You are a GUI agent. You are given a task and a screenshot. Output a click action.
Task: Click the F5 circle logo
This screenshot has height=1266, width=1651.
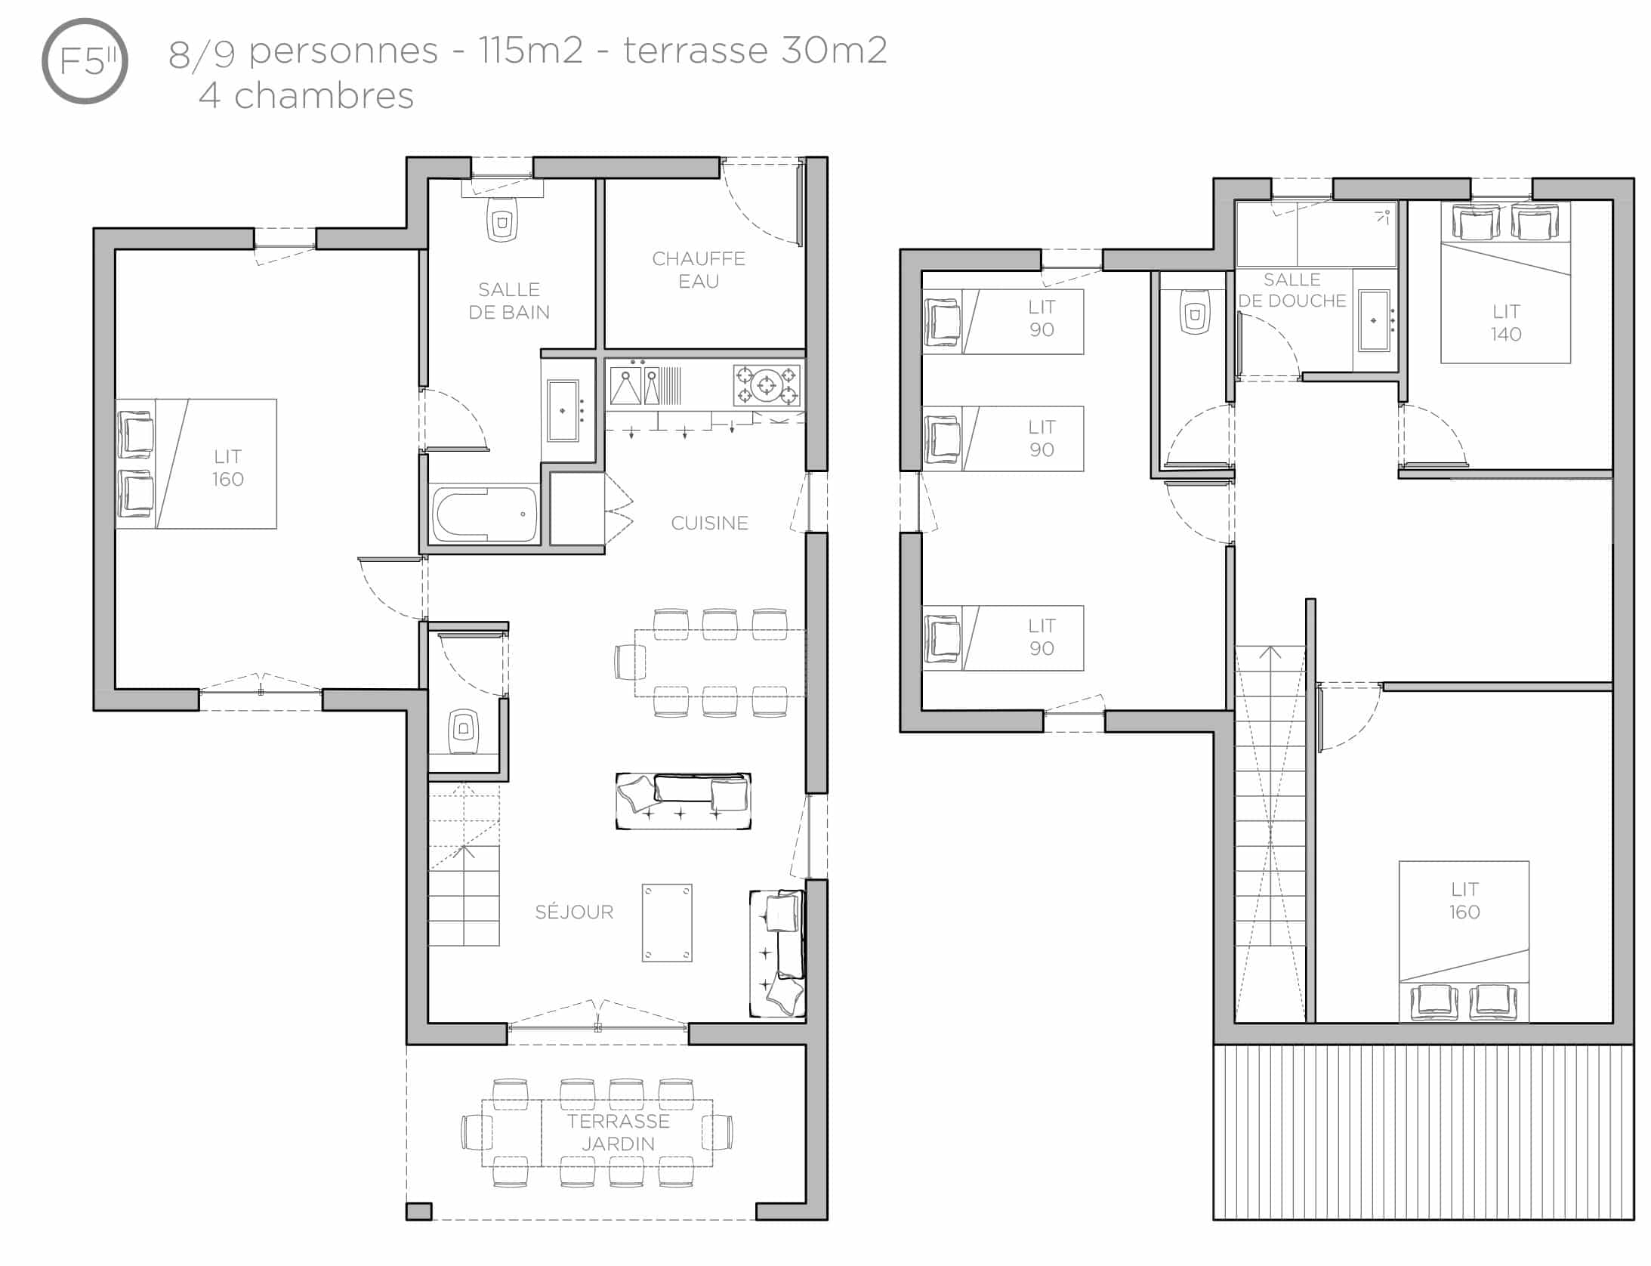(85, 61)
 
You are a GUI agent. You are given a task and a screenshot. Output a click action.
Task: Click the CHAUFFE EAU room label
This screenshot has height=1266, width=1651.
(699, 270)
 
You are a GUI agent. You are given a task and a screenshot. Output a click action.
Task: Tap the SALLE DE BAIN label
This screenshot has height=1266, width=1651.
(509, 301)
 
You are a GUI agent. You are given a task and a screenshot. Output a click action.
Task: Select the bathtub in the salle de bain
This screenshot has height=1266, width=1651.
(484, 514)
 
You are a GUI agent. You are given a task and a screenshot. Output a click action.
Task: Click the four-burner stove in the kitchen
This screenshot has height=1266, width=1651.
(767, 385)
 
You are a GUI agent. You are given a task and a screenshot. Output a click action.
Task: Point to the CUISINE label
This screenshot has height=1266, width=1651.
(710, 523)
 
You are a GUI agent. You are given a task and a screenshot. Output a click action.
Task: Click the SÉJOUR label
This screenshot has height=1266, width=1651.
(574, 912)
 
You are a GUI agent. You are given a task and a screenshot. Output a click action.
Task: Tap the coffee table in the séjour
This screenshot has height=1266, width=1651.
(667, 922)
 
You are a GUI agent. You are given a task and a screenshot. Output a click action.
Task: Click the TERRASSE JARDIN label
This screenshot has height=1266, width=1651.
(619, 1132)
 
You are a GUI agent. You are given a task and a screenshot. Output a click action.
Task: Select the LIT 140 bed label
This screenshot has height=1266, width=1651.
(1506, 323)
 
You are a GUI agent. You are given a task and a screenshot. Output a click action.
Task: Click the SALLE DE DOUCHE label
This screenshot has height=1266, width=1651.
(1292, 290)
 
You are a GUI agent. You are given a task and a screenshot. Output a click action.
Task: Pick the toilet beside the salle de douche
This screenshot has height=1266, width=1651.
(1194, 311)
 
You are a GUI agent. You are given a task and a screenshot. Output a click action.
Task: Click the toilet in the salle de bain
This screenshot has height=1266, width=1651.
(502, 219)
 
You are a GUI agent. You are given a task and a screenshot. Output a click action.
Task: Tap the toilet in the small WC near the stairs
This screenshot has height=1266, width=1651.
(463, 730)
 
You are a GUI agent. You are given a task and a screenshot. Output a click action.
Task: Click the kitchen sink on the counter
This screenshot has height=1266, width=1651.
(626, 385)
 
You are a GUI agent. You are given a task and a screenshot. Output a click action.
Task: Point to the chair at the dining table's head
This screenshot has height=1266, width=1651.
(625, 662)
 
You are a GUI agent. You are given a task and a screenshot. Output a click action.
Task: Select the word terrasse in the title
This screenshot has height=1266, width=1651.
(696, 51)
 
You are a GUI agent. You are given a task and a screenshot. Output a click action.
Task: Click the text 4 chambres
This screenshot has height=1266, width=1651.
(306, 96)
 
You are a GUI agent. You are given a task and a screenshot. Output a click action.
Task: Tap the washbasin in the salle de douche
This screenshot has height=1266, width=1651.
(1374, 321)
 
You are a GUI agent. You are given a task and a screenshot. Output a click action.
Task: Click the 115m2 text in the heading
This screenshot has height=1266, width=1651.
(531, 51)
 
